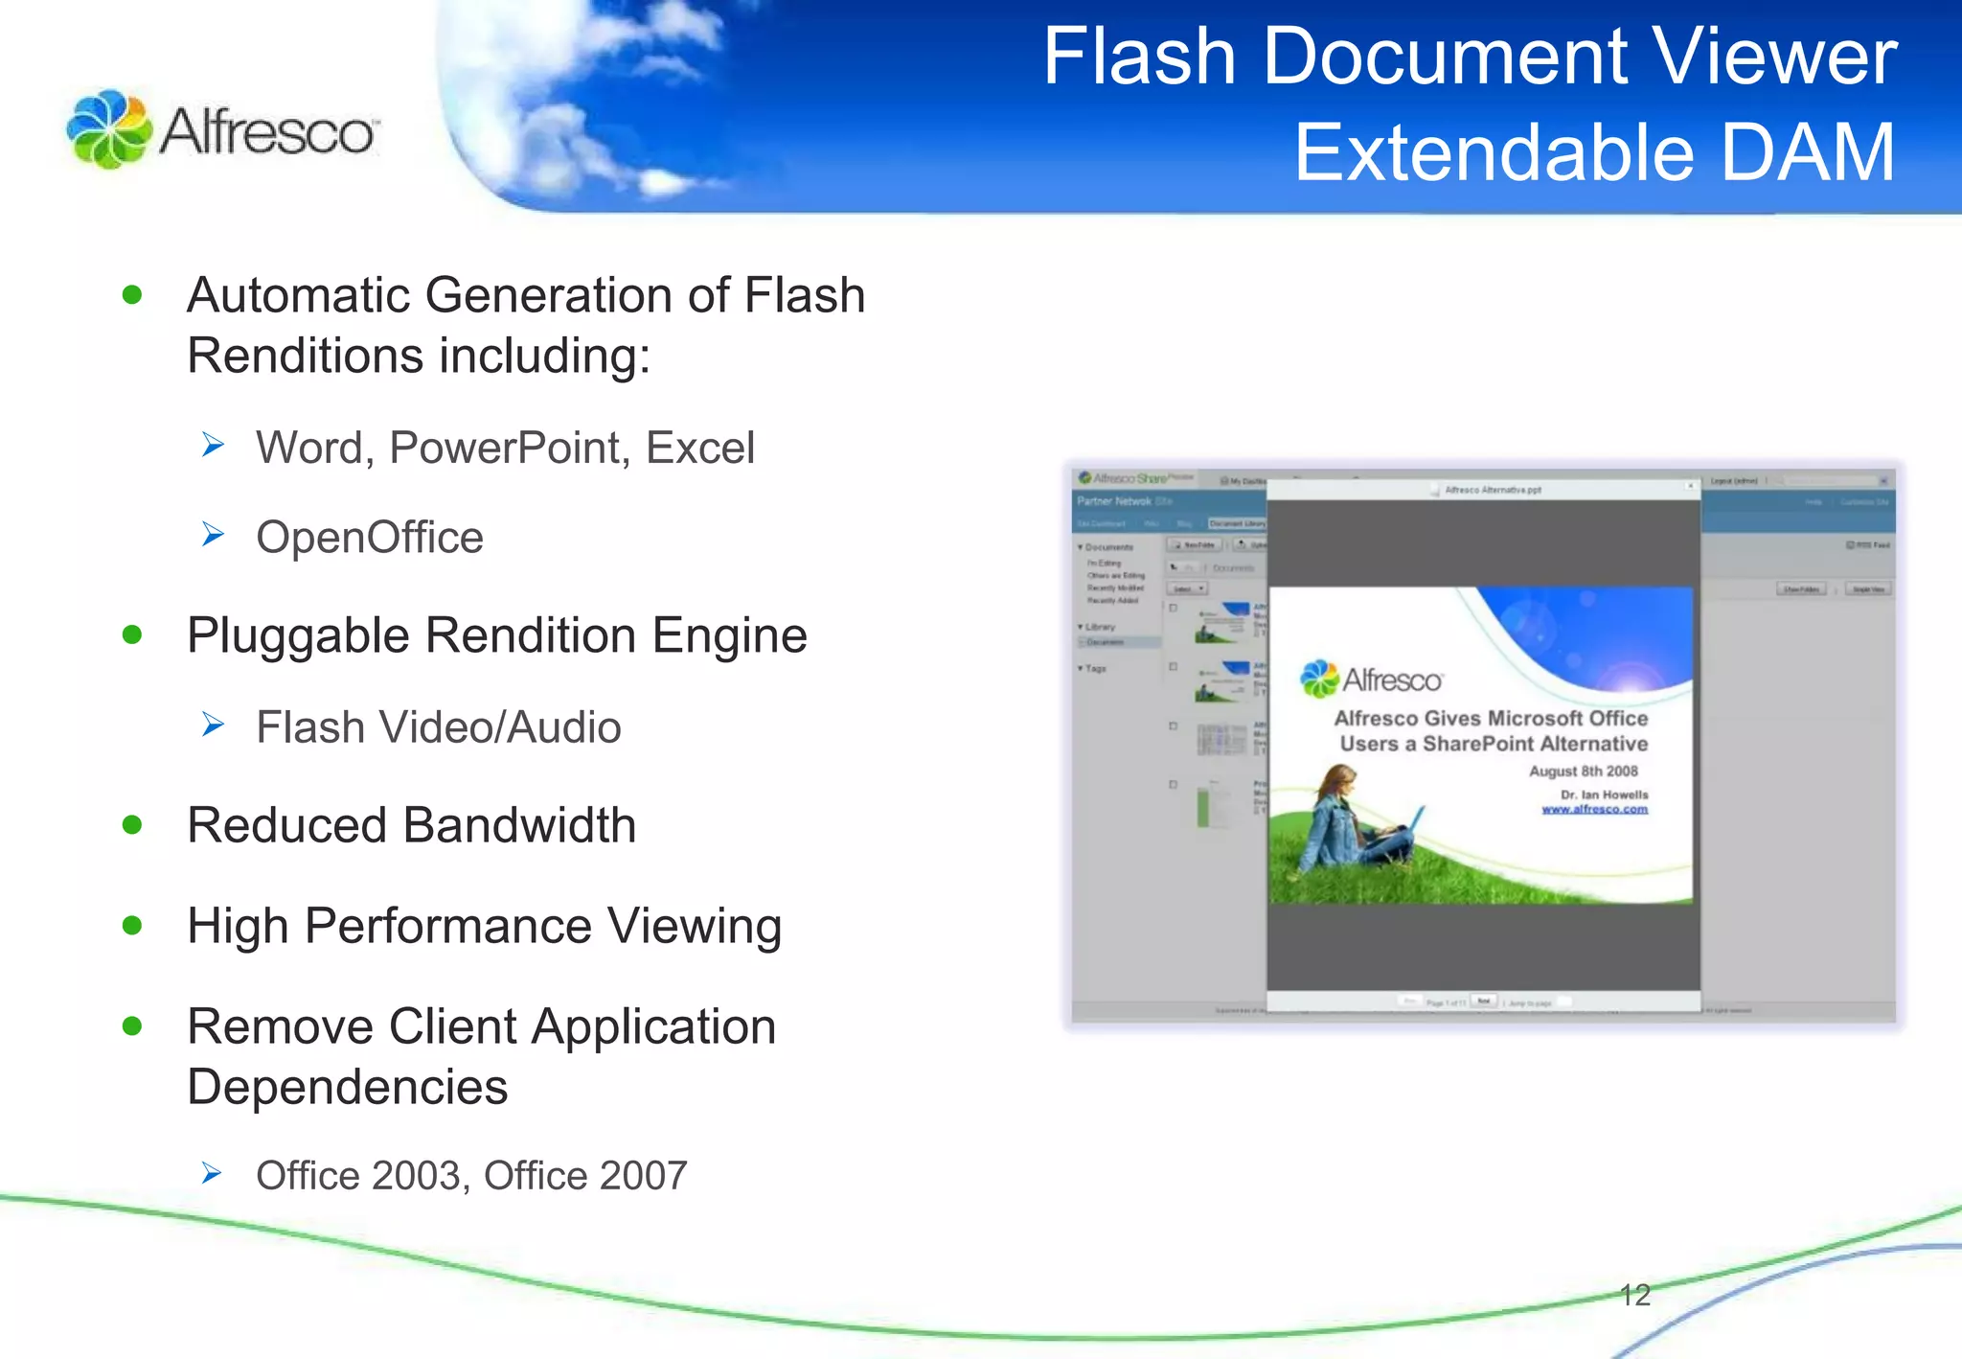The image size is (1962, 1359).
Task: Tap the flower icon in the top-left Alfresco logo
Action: [108, 129]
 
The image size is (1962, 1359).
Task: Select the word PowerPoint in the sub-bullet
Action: [509, 449]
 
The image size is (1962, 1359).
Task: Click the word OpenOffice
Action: [370, 538]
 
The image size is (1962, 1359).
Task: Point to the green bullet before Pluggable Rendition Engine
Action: [132, 634]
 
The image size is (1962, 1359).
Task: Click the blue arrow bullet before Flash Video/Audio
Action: [213, 726]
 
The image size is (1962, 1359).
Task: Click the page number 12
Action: [1634, 1295]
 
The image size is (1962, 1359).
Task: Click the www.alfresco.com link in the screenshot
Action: [1594, 810]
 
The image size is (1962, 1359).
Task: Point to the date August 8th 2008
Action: [1583, 772]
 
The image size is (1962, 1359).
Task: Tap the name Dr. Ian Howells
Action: [1604, 795]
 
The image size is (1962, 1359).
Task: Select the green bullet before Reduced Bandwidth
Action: [132, 825]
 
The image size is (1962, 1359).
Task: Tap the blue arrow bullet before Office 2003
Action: [212, 1173]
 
